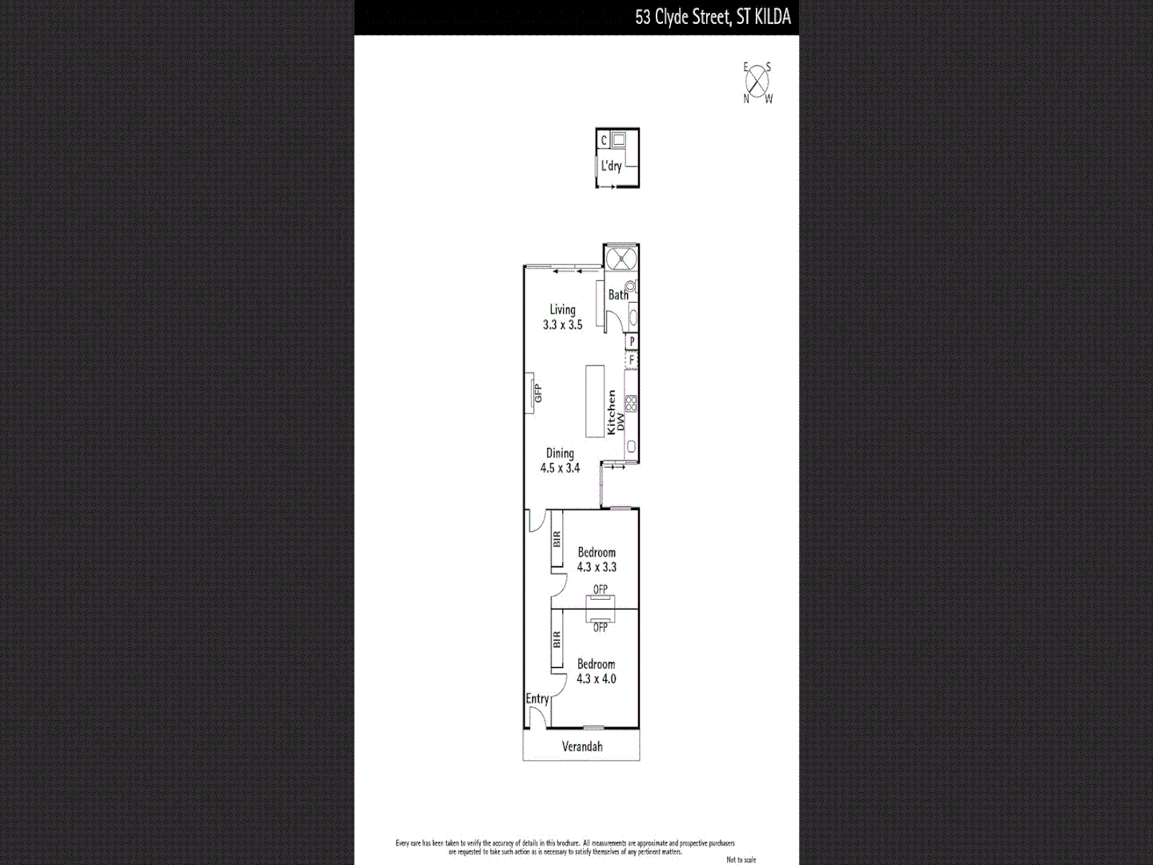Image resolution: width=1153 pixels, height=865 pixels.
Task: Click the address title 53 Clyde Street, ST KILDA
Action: (x=713, y=17)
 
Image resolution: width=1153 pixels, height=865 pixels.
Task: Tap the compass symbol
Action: (x=757, y=82)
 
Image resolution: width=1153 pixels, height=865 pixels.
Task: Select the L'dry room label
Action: (x=611, y=166)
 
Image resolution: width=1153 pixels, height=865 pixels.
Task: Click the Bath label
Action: (x=618, y=295)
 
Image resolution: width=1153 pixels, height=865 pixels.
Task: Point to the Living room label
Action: (x=562, y=309)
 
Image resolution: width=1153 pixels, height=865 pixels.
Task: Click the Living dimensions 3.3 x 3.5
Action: (x=562, y=324)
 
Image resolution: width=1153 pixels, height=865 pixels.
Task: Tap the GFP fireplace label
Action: (x=538, y=393)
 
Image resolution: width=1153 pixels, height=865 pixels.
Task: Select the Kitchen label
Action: (x=611, y=412)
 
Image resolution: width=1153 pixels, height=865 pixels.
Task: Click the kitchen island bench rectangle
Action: (x=594, y=401)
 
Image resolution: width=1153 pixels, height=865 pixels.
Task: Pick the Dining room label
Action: (x=560, y=453)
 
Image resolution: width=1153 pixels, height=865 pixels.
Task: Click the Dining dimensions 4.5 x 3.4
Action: (x=560, y=468)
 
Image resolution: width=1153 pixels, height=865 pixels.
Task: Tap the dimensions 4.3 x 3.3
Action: (x=597, y=567)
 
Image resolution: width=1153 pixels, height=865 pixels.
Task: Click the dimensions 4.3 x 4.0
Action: (x=597, y=678)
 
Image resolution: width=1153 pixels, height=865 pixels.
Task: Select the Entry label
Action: (x=537, y=698)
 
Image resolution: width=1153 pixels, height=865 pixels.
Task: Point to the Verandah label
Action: (x=582, y=746)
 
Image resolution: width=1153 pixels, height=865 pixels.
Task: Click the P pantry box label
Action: (x=632, y=341)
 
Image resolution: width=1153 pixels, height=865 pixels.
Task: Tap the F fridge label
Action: (x=632, y=360)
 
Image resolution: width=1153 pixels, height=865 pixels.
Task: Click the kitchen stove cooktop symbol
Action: (x=631, y=404)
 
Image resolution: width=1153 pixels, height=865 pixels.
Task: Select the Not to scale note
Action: (x=741, y=859)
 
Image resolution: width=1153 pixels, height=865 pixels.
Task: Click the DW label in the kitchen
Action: (x=621, y=422)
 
